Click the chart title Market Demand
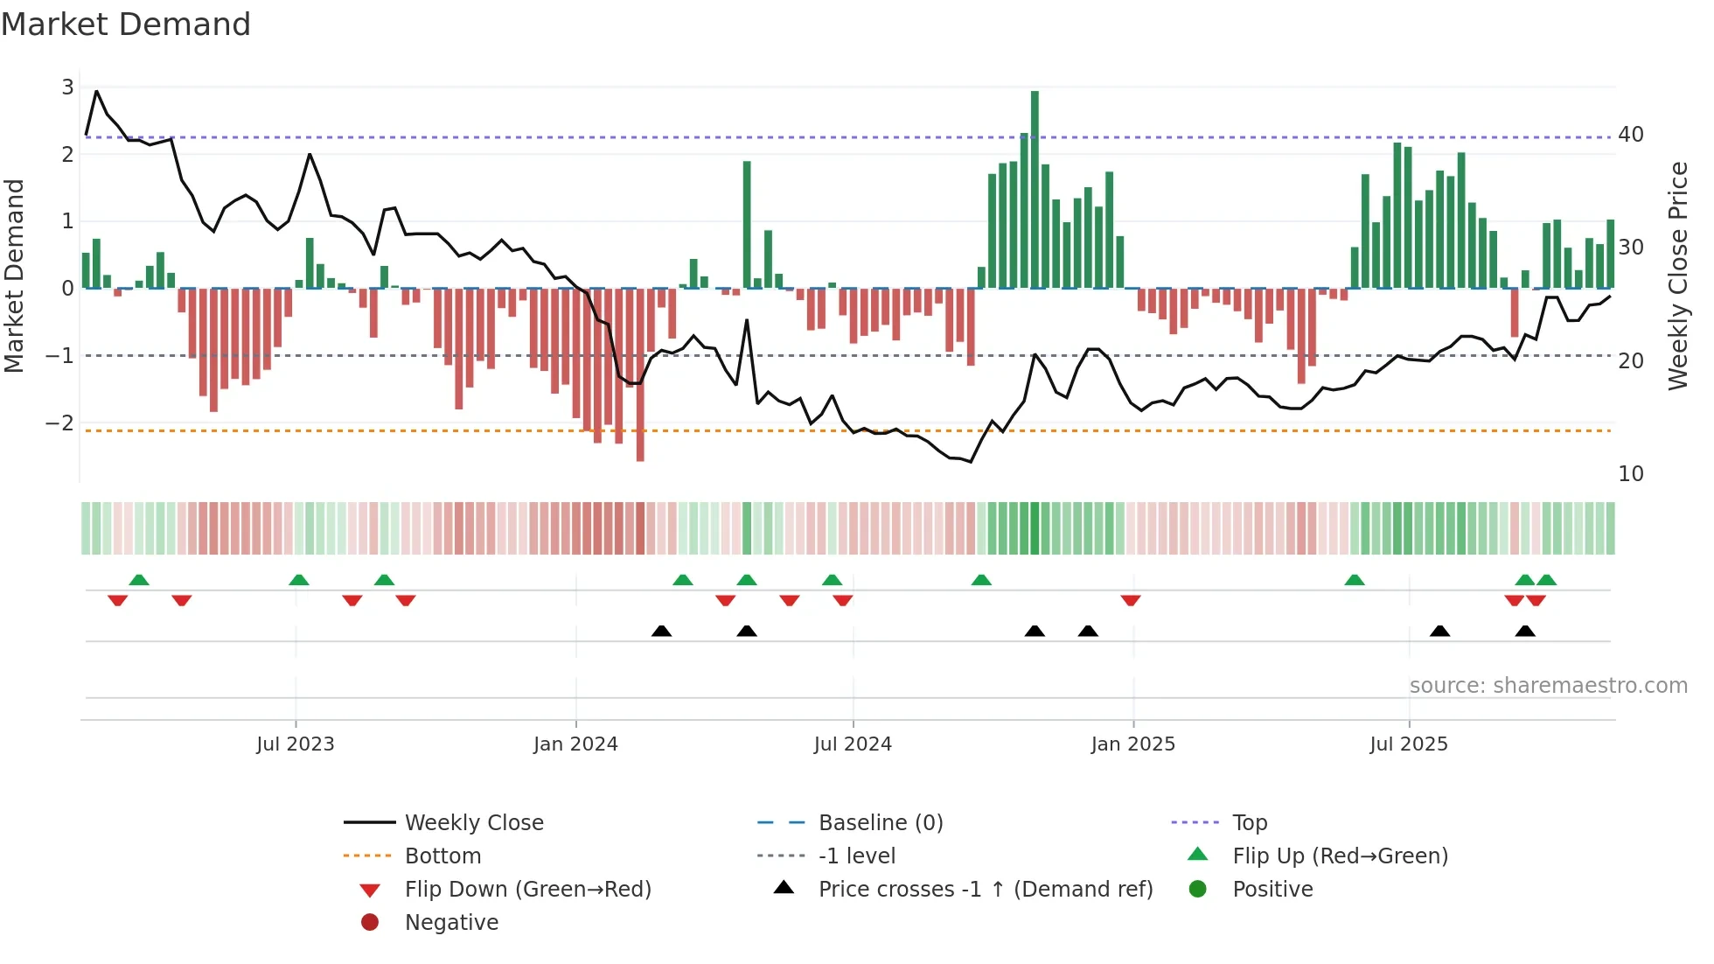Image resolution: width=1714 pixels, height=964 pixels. pos(126,24)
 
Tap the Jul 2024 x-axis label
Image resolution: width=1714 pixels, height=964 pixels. pos(853,744)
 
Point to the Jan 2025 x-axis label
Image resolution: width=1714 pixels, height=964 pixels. pos(1132,744)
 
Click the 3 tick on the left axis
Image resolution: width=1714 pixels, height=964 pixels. pos(67,87)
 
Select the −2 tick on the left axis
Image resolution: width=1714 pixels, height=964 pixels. pos(60,423)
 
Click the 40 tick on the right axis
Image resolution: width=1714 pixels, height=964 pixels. pos(1630,135)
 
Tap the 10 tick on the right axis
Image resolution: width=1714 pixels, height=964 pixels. pos(1630,474)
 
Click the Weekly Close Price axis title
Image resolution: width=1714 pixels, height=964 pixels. pos(1677,276)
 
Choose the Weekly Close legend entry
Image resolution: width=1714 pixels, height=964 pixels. pos(473,823)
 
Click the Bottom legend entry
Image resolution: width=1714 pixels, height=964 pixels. pos(442,856)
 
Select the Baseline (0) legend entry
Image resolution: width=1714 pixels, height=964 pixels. pos(880,823)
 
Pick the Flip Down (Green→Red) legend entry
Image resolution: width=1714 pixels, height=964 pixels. pos(527,890)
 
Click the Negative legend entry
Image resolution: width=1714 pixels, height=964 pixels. pos(451,923)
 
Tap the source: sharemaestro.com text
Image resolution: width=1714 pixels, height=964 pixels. pos(1548,686)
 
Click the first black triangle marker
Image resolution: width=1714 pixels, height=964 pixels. pos(662,632)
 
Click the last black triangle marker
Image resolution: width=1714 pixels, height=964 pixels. pos(1525,632)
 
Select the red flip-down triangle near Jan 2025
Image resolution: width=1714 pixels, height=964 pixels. pos(1131,600)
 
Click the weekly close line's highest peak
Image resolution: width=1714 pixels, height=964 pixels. pos(96,91)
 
